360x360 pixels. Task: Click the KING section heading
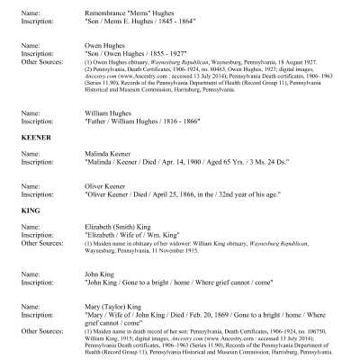click(28, 211)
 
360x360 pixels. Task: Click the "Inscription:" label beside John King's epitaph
click(36, 281)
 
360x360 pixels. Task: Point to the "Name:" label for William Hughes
click(27, 112)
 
